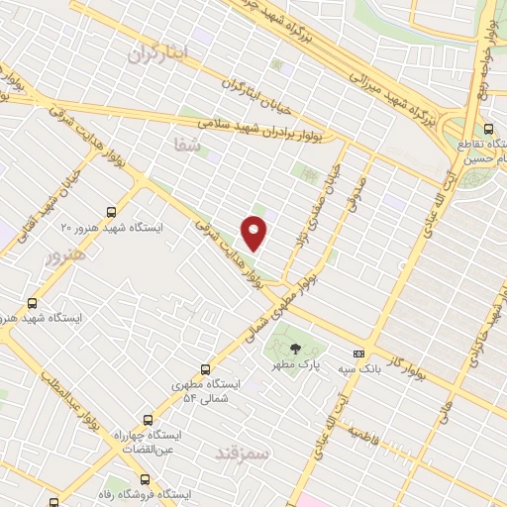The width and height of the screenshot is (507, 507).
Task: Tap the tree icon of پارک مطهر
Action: [x=294, y=348]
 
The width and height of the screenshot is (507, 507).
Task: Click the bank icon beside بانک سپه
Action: [x=358, y=354]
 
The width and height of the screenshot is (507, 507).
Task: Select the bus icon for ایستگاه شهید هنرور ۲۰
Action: [x=111, y=211]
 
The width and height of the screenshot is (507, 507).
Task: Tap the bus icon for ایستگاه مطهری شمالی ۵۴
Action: [x=206, y=368]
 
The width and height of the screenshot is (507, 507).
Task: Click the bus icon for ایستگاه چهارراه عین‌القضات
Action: [x=149, y=419]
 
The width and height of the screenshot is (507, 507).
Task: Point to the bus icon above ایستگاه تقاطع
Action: [x=488, y=129]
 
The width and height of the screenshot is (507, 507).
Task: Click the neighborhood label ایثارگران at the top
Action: [x=156, y=54]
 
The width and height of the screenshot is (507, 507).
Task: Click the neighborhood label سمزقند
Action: [x=242, y=452]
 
